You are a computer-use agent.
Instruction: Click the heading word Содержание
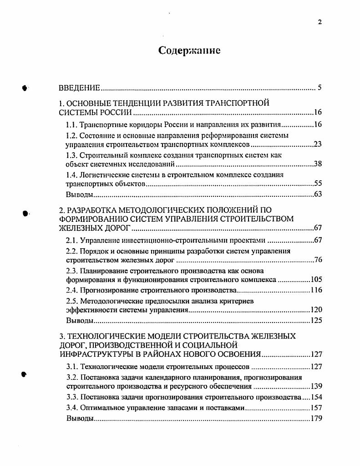tap(189, 51)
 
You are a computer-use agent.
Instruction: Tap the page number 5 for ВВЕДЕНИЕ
tap(320, 88)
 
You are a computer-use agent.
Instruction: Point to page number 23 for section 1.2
tap(318, 145)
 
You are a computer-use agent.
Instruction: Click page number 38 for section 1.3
tap(318, 164)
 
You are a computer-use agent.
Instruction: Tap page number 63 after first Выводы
tap(318, 195)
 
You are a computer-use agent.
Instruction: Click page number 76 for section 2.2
tap(318, 261)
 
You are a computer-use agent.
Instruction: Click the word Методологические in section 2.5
tap(108, 301)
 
